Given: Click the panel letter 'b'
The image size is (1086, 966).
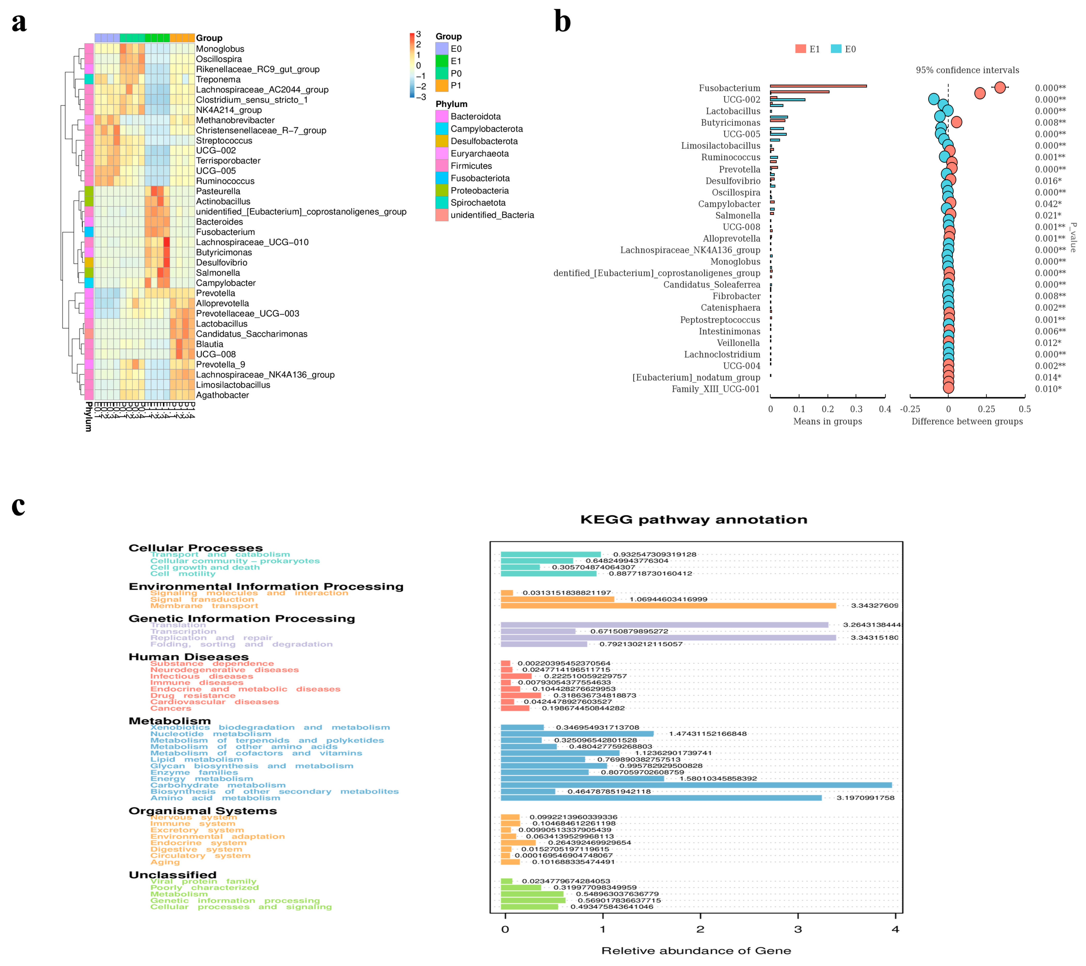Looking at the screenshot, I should tap(562, 22).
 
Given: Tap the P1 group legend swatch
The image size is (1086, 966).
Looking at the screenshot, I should tap(442, 86).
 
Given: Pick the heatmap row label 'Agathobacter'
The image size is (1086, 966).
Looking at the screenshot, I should tap(222, 395).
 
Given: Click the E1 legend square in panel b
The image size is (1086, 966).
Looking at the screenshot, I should tap(800, 49).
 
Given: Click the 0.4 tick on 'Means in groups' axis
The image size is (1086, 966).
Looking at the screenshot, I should tap(885, 409).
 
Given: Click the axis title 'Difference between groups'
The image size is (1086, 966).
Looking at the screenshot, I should tap(967, 422).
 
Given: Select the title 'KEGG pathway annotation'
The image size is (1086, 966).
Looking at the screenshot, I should tap(693, 519).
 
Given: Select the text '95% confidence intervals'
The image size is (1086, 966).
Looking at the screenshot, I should tap(967, 70).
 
